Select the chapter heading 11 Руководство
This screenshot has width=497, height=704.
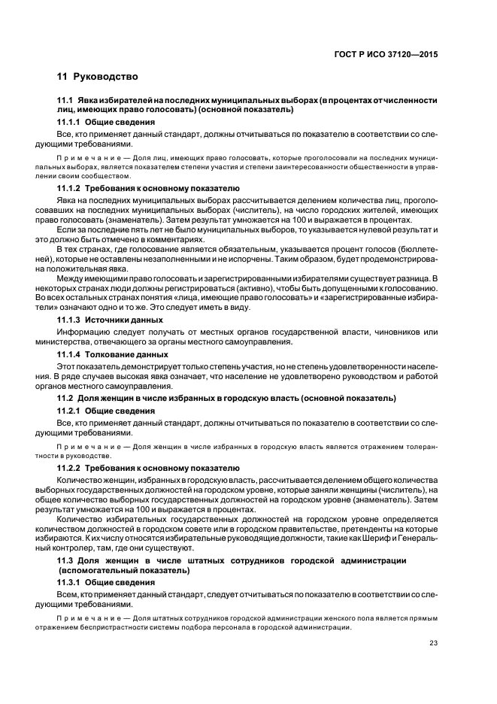tap(98, 77)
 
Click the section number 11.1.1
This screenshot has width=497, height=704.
tap(69, 122)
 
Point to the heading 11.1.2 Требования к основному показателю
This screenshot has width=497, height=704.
tap(148, 188)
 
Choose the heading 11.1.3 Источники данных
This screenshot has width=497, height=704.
tap(111, 320)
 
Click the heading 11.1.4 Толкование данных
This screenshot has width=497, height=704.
tap(112, 354)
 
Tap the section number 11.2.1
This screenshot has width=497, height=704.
tap(69, 411)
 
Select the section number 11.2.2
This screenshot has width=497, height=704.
tap(69, 468)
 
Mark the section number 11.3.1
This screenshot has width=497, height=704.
tap(69, 583)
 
